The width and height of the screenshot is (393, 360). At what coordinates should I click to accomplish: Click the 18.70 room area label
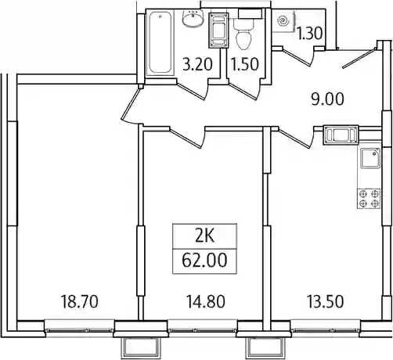[79, 301]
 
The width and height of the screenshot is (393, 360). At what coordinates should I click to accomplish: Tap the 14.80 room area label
[206, 301]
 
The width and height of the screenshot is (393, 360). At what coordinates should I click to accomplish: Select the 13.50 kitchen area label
[325, 301]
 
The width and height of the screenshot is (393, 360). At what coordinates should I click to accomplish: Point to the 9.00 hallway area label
[328, 99]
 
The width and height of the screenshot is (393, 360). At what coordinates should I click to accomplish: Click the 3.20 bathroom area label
[197, 64]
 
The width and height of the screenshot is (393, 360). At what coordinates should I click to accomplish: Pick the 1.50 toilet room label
[245, 64]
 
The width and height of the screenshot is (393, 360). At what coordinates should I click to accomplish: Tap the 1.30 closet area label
[310, 34]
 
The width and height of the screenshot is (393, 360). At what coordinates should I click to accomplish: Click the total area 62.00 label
[204, 261]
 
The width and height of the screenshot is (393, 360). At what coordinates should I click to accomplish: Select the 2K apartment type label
[204, 236]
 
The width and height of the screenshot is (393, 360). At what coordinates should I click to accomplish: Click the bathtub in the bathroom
[160, 44]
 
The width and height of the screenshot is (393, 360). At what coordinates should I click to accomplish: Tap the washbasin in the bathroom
[193, 18]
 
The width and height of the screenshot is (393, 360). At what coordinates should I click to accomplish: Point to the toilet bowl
[244, 34]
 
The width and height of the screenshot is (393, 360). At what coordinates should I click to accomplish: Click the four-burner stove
[369, 199]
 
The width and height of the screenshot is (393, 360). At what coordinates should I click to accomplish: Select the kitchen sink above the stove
[370, 158]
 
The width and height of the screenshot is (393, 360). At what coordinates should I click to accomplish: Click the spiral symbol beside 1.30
[283, 21]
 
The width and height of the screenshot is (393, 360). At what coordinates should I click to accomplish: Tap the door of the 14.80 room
[188, 138]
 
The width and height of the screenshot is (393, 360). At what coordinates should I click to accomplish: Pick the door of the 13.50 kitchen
[296, 138]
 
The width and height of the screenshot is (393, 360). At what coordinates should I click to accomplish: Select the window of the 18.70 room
[79, 330]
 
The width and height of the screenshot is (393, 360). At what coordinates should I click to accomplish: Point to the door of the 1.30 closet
[298, 56]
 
